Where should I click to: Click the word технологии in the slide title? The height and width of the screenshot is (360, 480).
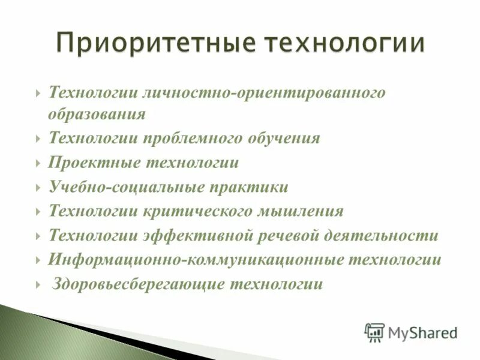tap(344, 43)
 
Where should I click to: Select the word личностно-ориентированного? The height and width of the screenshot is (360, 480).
tap(261, 93)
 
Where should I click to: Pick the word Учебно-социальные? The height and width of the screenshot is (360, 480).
tap(127, 187)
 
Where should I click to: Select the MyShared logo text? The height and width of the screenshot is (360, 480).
tap(422, 332)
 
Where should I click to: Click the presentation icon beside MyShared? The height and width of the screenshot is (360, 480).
tap(374, 332)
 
